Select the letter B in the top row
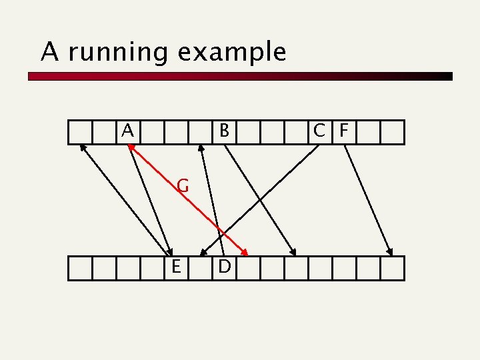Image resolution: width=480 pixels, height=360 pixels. point(225,131)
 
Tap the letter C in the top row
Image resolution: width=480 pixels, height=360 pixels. point(321,131)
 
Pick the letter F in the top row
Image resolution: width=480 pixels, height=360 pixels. point(343,131)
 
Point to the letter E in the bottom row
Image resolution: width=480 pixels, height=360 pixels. point(176,267)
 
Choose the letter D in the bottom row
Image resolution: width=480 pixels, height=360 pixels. point(225,267)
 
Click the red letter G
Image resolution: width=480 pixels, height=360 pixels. point(183,186)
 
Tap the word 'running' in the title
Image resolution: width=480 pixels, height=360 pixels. point(117,51)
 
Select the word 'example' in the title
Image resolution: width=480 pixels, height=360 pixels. point(231,53)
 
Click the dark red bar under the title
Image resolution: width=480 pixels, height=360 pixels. point(240,77)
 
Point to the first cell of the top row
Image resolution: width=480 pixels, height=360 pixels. point(79,132)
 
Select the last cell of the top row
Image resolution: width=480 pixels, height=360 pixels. point(393,132)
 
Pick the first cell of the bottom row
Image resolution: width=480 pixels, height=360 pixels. point(79,268)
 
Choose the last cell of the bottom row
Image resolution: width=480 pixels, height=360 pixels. point(393,268)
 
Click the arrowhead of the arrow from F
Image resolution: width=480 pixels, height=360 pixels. point(391,253)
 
